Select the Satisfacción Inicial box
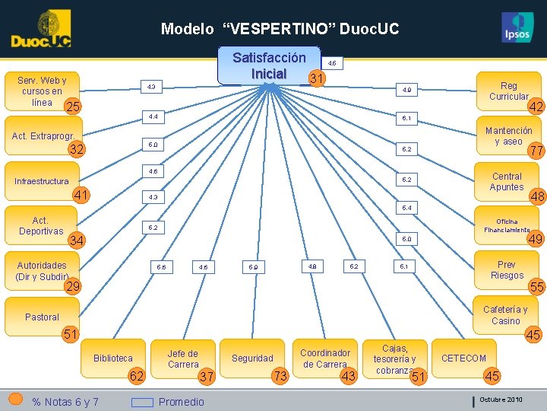pos(269,66)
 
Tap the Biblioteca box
pos(113,358)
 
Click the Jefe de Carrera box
pos(182,358)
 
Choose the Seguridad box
pos(252,358)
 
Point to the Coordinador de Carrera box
pos(325,358)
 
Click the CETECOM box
pos(463,358)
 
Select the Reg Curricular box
pos(508,91)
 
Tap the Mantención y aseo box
pos(508,136)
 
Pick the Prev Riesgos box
pos(507,270)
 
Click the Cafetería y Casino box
pos(505,315)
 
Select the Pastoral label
pos(42,317)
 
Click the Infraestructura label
pos(42,181)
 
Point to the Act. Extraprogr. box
pos(43,136)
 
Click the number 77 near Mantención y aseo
pos(536,151)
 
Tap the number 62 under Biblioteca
pos(137,375)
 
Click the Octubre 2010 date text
pos(501,400)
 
